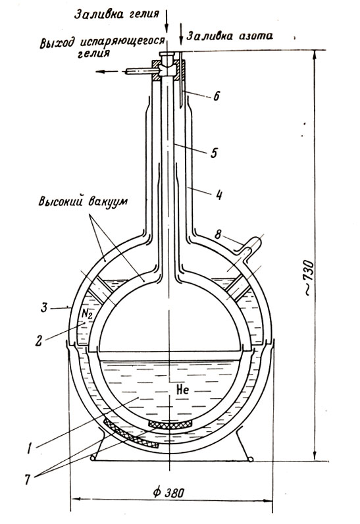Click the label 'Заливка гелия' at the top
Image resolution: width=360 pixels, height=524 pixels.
click(x=116, y=14)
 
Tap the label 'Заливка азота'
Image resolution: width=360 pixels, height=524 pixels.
click(x=230, y=36)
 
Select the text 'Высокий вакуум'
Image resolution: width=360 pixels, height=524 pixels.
click(x=83, y=202)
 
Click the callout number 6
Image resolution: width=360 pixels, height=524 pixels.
click(x=216, y=96)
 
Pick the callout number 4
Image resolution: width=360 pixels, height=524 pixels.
click(x=219, y=194)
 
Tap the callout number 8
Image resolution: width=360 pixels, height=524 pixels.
click(x=218, y=234)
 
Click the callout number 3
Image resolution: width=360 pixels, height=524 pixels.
click(x=44, y=307)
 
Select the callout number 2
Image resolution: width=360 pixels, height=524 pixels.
click(x=39, y=340)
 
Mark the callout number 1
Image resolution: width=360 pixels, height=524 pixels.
click(x=30, y=448)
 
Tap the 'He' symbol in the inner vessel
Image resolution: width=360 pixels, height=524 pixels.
click(x=182, y=390)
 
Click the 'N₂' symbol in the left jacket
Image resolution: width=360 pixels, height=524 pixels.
click(x=86, y=315)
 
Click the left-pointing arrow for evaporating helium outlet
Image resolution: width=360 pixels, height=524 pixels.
click(x=107, y=72)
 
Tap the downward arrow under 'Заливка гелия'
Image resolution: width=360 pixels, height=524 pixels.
click(x=167, y=20)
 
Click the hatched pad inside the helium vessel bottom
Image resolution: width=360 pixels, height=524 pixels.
click(x=170, y=424)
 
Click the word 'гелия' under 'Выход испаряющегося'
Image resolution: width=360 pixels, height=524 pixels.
click(x=93, y=53)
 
